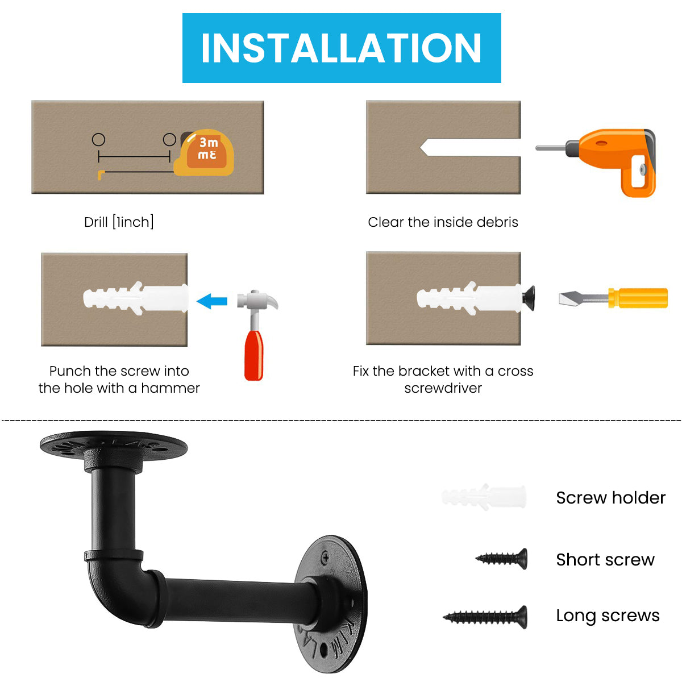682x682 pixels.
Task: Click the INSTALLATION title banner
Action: click(x=341, y=48)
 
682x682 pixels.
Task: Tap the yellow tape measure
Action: click(x=204, y=152)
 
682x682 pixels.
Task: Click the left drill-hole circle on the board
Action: click(x=98, y=139)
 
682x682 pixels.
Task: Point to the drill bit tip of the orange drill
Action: click(x=537, y=148)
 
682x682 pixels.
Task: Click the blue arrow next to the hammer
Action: click(x=211, y=301)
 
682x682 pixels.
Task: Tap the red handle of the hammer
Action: click(x=253, y=355)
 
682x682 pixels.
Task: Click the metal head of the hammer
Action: click(x=257, y=300)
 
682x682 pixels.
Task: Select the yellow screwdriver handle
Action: click(x=638, y=298)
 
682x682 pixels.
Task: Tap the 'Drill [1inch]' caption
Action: click(x=119, y=222)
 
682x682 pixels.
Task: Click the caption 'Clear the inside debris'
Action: click(x=443, y=222)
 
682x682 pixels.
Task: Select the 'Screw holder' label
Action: click(x=610, y=498)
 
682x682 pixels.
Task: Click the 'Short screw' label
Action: click(x=605, y=560)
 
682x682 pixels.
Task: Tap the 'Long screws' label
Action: click(x=608, y=616)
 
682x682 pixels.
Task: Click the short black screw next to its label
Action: click(x=502, y=559)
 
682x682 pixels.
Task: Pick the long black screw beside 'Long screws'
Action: click(x=485, y=617)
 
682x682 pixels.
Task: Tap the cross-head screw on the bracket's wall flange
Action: click(x=325, y=558)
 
